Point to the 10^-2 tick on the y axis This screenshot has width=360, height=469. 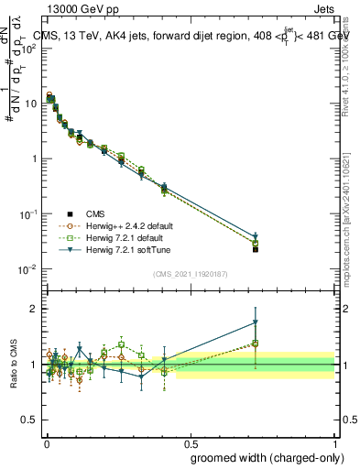[29, 269]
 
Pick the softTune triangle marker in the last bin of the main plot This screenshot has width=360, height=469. [256, 236]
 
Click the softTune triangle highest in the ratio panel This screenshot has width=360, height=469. [256, 322]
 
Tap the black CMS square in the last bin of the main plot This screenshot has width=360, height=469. [256, 249]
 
